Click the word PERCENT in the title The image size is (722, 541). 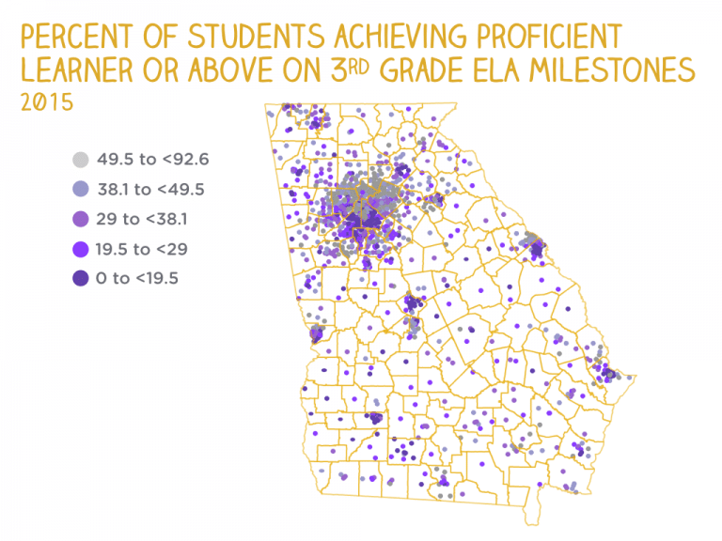(x=70, y=37)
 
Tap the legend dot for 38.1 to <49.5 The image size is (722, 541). (x=82, y=189)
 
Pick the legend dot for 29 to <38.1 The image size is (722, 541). (x=82, y=219)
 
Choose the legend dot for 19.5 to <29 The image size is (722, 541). (x=82, y=248)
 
